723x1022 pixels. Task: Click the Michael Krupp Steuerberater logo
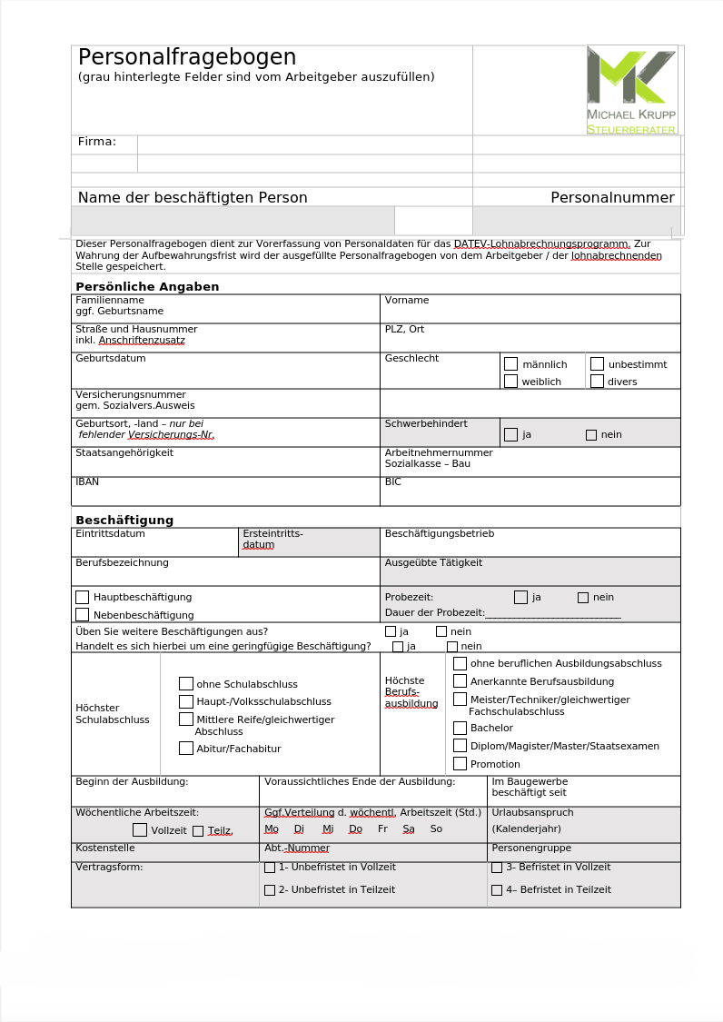click(631, 90)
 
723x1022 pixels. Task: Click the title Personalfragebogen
click(187, 57)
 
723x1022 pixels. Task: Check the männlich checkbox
click(510, 363)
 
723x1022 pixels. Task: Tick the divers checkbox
click(597, 382)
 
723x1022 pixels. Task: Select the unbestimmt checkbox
click(597, 363)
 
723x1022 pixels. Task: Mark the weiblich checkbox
click(510, 382)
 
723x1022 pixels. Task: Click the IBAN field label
click(87, 481)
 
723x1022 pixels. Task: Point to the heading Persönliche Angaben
click(147, 286)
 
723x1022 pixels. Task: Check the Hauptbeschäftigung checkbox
click(83, 597)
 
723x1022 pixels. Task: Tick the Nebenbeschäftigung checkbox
click(83, 615)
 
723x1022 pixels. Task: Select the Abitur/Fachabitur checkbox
click(186, 749)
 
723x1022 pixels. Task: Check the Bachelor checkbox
click(461, 728)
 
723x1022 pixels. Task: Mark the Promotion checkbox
click(461, 764)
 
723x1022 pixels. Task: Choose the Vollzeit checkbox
click(140, 829)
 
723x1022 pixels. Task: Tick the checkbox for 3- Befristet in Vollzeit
click(497, 868)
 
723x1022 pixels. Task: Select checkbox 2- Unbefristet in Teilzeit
click(270, 890)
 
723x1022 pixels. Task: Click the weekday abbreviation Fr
click(382, 829)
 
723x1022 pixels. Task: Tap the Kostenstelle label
click(105, 848)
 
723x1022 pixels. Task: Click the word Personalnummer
click(612, 197)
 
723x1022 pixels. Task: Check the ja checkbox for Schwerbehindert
click(510, 434)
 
